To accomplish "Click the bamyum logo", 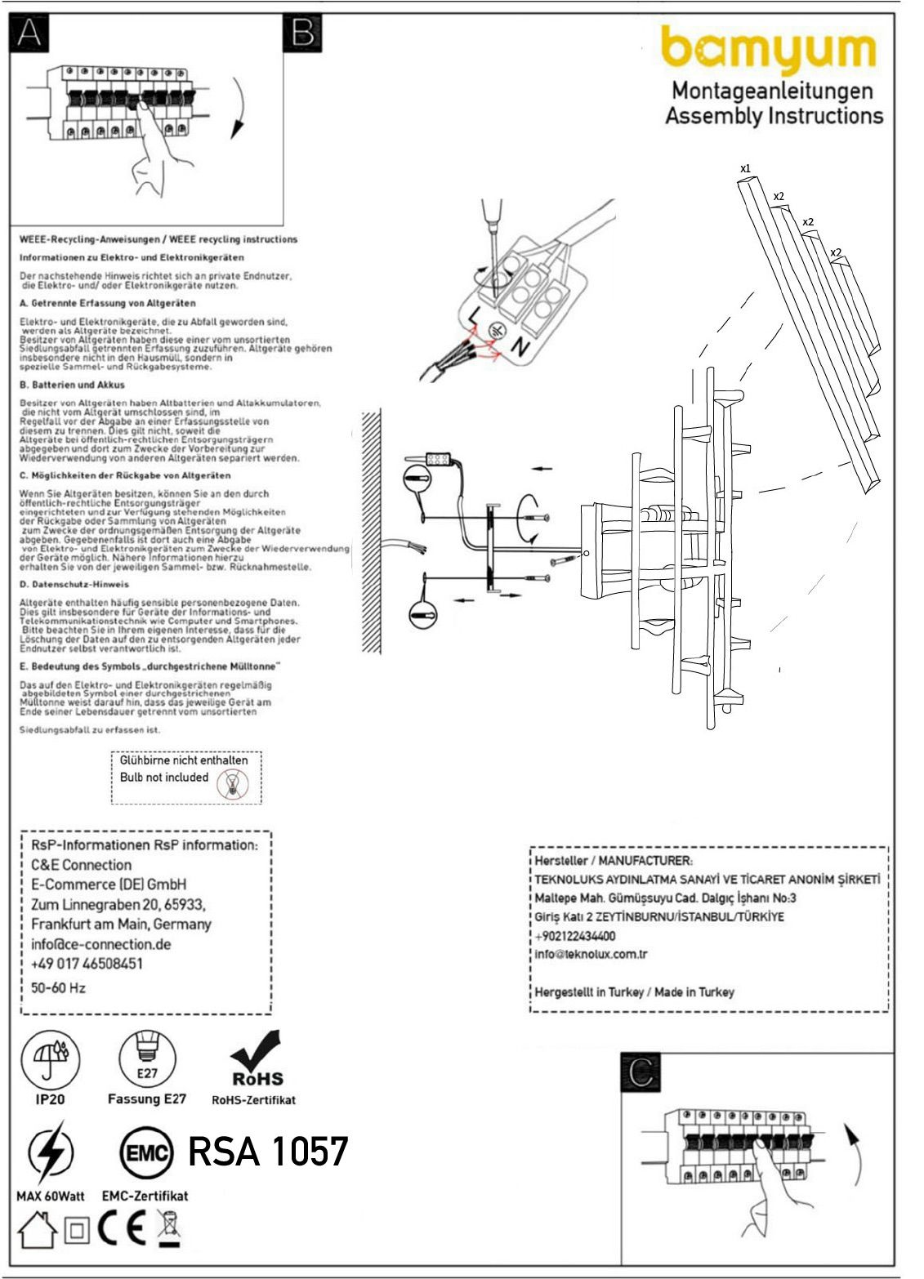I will [768, 51].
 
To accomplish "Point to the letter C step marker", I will [641, 1072].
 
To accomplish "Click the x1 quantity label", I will [745, 169].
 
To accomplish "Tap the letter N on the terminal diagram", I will [520, 346].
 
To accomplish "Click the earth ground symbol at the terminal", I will [496, 331].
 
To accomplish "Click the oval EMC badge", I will [147, 1153].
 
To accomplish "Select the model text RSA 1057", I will [268, 1152].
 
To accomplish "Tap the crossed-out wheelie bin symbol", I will [168, 1228].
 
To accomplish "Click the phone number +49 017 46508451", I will [87, 964].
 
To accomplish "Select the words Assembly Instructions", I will [774, 115].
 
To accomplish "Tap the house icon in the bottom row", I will [38, 1229].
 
